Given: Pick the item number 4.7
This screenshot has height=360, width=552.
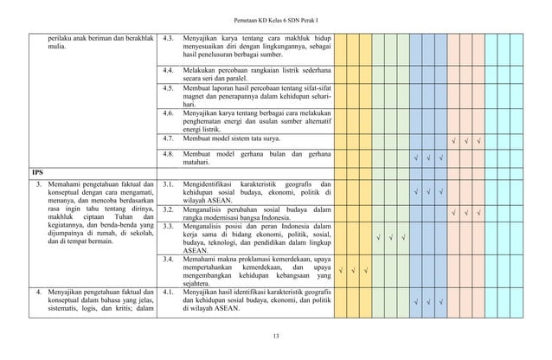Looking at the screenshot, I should coord(170,138).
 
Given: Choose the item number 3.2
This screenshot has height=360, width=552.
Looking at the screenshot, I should coord(170,209).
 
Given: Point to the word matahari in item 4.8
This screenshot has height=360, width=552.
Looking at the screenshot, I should coord(199,162).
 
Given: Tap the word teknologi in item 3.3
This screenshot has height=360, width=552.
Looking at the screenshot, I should coord(227,246).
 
